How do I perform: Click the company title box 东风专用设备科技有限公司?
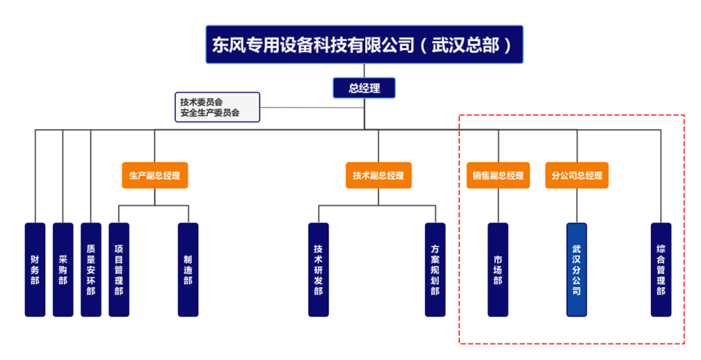(x=364, y=44)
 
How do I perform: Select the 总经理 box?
(x=364, y=88)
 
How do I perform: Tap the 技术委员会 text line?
(x=201, y=102)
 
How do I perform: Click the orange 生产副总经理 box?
(x=154, y=175)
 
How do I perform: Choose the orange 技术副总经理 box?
(x=378, y=175)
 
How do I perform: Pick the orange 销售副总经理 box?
(x=498, y=175)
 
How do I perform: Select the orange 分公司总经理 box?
(x=577, y=175)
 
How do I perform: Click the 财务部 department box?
(x=35, y=269)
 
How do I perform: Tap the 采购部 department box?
(x=63, y=269)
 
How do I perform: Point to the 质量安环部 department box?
(x=91, y=269)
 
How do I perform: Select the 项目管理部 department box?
(x=119, y=269)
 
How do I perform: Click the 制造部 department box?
(x=188, y=269)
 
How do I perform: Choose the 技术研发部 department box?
(x=318, y=269)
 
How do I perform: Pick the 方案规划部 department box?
(x=435, y=269)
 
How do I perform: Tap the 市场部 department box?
(x=498, y=269)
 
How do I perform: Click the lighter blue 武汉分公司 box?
(x=577, y=269)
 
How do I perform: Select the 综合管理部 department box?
(x=661, y=269)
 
